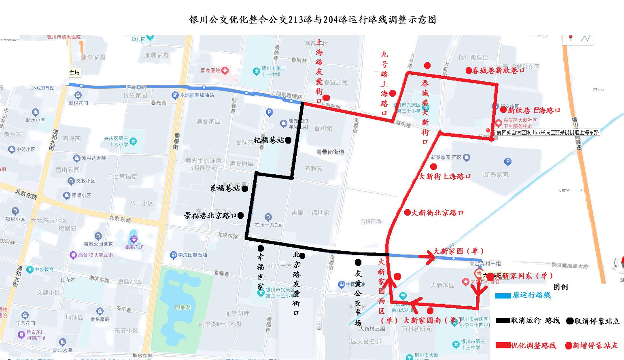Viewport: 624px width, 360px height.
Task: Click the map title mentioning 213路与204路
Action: [312, 20]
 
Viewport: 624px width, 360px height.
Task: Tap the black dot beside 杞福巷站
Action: [288, 140]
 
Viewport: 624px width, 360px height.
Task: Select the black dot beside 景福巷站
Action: [245, 189]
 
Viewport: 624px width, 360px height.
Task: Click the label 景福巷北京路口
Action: [210, 216]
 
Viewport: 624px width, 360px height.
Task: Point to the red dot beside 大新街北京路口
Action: [408, 212]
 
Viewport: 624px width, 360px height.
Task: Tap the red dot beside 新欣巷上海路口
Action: [503, 110]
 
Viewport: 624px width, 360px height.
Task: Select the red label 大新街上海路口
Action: [445, 176]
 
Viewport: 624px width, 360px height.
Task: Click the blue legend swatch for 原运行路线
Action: [503, 296]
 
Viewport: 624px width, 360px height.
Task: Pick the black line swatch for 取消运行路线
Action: [503, 321]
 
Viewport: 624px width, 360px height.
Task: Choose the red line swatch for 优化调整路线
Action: [503, 345]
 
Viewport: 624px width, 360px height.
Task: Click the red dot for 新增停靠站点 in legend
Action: [569, 345]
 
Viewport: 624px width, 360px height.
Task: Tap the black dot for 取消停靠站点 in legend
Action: [570, 321]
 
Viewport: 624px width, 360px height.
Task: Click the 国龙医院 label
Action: [210, 70]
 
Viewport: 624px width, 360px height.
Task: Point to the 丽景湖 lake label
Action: [183, 307]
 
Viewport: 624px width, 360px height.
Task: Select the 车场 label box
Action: [74, 73]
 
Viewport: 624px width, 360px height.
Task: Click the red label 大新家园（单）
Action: [458, 251]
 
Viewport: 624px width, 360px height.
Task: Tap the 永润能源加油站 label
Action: [197, 95]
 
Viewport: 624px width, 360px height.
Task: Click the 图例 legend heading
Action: [560, 287]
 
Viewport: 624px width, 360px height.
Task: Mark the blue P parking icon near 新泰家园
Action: [507, 162]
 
